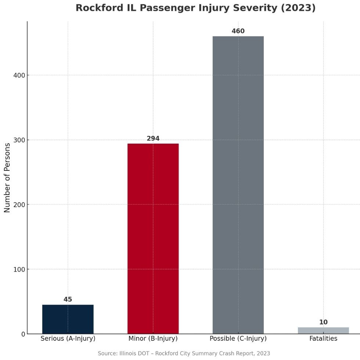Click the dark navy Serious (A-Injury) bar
pos(68,319)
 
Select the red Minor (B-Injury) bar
pos(153,238)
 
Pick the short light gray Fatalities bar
pos(323,330)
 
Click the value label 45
pos(68,299)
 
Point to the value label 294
pos(153,138)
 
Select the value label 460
pos(238,31)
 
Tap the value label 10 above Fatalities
pos(323,322)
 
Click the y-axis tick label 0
pos(22,334)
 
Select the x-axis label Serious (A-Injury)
pos(68,339)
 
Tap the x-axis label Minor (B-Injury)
pos(153,339)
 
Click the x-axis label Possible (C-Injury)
pos(238,339)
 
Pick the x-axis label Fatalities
pos(323,339)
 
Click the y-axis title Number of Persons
pos(7,177)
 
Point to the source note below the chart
pos(184,353)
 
